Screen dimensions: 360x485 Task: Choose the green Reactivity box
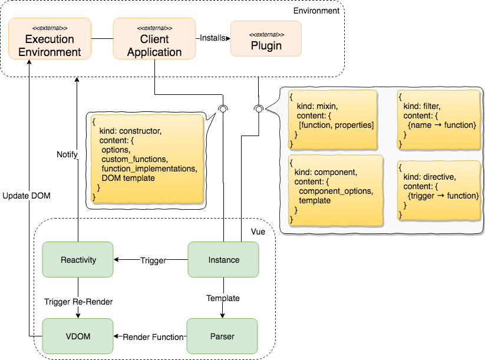[77, 259]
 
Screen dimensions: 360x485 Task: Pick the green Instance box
[223, 259]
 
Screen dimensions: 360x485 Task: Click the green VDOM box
[77, 336]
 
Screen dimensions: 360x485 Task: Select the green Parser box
[222, 336]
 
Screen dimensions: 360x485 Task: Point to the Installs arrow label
[213, 38]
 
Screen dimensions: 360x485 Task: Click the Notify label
[67, 154]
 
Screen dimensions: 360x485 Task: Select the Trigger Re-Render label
[78, 301]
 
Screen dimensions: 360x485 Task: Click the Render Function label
[153, 337]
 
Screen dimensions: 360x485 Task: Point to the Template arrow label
[223, 298]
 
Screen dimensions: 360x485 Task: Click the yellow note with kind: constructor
[148, 158]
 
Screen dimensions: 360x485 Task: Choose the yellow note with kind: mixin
[332, 119]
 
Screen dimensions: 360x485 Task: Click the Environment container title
[317, 10]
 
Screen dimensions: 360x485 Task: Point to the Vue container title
[257, 232]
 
